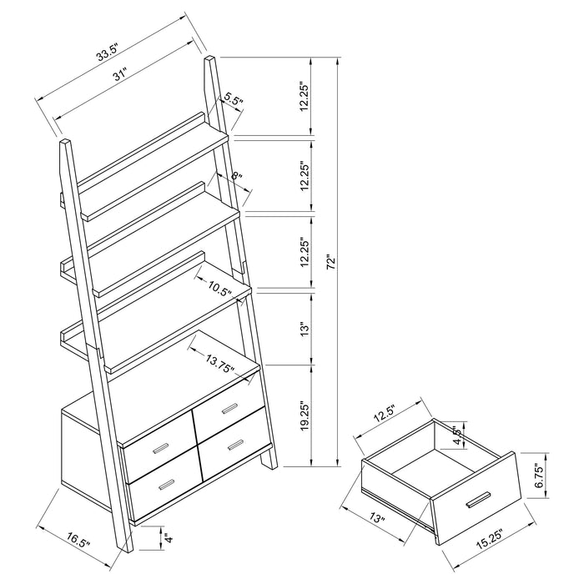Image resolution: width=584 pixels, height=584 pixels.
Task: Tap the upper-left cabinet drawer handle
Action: pos(159,451)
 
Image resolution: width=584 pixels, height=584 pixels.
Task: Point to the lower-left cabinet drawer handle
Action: pos(164,485)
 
